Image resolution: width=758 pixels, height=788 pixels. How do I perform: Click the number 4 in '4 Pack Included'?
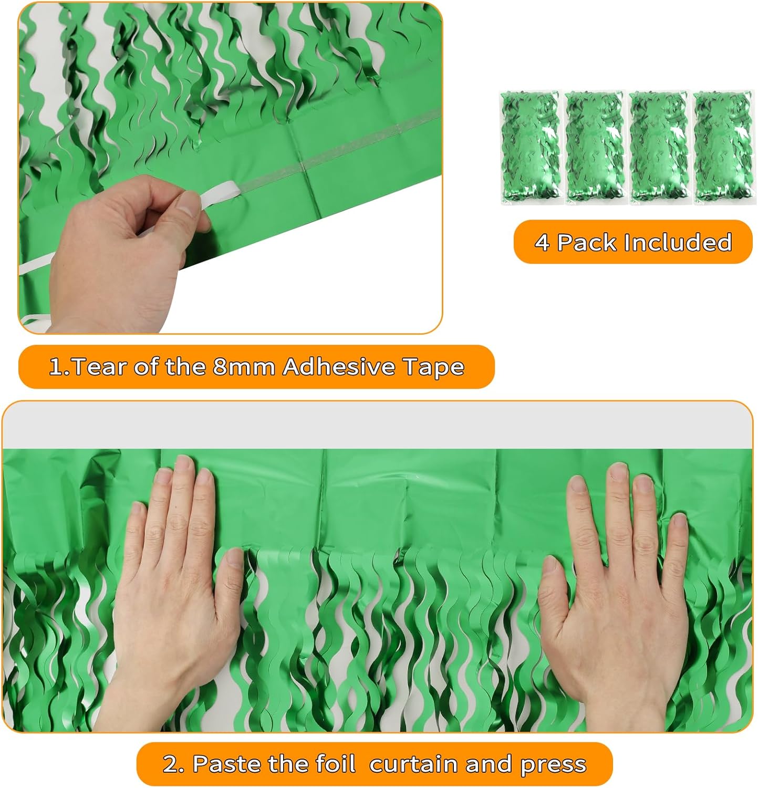pyautogui.click(x=542, y=243)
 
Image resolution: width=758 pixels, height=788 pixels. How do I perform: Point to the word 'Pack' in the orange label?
pyautogui.click(x=586, y=243)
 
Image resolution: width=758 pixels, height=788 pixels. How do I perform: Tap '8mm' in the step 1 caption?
pyautogui.click(x=244, y=367)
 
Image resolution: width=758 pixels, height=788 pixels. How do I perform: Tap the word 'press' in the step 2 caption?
pyautogui.click(x=553, y=764)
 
